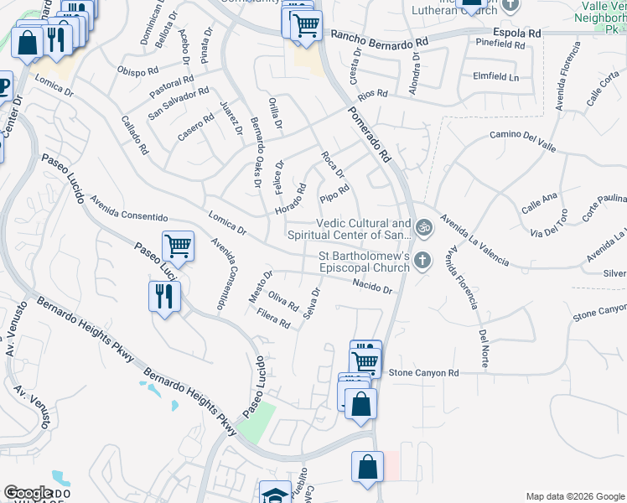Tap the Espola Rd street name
517,33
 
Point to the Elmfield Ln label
495,76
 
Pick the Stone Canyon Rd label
424,372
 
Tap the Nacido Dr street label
372,287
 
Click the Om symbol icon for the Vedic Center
423,226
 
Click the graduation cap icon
274,494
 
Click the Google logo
28,493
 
